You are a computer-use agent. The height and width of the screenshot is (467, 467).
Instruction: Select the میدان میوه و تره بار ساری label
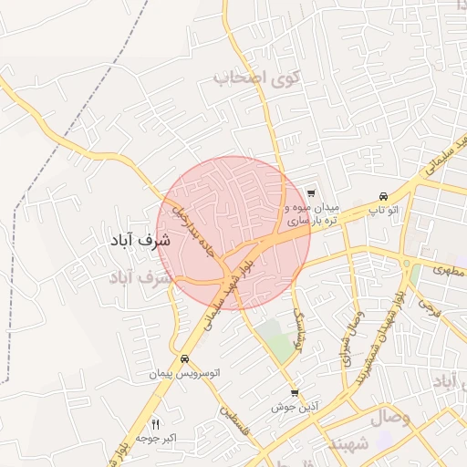pyautogui.click(x=313, y=214)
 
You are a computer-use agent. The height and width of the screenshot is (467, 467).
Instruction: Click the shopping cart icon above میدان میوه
pyautogui.click(x=311, y=192)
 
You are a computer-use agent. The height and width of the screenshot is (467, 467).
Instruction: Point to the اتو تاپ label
pyautogui.click(x=384, y=211)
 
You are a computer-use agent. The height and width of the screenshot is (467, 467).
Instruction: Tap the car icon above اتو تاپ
pyautogui.click(x=383, y=195)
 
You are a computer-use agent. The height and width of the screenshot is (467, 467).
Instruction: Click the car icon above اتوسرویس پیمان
pyautogui.click(x=185, y=358)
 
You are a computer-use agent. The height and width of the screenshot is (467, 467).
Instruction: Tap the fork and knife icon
pyautogui.click(x=155, y=424)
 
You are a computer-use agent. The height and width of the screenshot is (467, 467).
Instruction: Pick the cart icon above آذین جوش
pyautogui.click(x=294, y=393)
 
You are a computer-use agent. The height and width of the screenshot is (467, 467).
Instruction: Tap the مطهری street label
pyautogui.click(x=450, y=271)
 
